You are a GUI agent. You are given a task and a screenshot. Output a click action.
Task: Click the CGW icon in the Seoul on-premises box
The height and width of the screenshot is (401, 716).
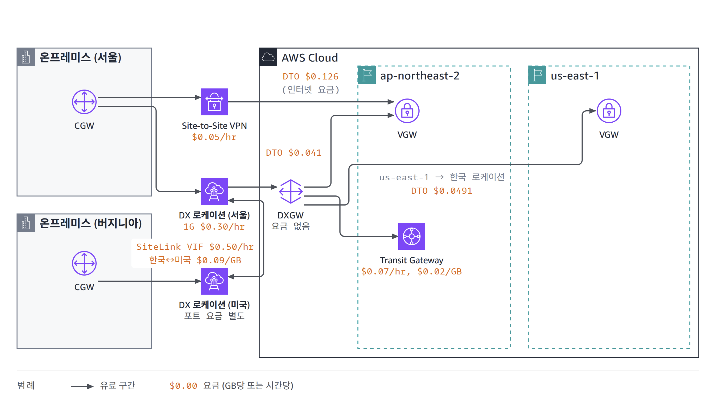point(84,102)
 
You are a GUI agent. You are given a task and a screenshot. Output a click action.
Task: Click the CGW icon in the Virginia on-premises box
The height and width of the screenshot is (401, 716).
point(84,263)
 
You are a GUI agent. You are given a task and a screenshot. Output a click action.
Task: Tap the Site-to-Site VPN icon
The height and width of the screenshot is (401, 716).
point(214,102)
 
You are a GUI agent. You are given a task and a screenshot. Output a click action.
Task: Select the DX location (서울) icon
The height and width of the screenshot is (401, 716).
point(214,191)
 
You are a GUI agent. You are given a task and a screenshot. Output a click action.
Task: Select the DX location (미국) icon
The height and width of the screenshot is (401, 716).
point(214,281)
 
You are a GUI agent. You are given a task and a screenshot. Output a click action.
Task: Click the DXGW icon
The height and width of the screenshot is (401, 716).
point(290,191)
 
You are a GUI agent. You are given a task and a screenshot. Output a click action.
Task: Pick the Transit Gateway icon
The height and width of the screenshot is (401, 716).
point(412,236)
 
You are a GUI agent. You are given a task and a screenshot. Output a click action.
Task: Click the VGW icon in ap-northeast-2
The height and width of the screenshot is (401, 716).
point(407,111)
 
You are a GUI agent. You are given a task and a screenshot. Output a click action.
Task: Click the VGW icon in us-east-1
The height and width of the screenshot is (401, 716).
point(609,111)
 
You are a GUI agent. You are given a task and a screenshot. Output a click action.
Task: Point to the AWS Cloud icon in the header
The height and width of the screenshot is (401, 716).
point(268,57)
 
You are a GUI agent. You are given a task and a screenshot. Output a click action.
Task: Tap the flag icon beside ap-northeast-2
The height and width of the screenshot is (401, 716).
point(367,75)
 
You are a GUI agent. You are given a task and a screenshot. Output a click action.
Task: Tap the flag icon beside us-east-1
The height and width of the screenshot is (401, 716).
point(537,75)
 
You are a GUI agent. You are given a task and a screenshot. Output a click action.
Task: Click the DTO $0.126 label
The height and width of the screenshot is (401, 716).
point(310,76)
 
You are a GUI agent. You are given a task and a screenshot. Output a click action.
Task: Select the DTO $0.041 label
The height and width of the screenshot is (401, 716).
point(294,153)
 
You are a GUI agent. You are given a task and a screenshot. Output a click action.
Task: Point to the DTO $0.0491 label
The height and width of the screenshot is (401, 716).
point(442,191)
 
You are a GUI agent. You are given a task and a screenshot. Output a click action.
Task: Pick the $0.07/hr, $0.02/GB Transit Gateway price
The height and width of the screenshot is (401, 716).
point(411,271)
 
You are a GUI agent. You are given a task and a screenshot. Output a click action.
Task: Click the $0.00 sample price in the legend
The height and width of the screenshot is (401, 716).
point(183,386)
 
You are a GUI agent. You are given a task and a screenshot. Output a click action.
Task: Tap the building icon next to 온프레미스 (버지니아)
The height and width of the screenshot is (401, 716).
point(26,223)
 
